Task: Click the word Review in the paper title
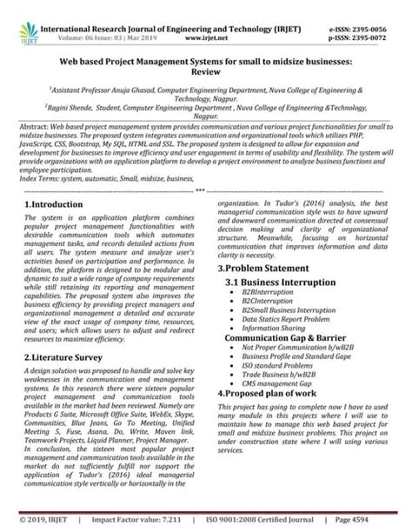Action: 205,74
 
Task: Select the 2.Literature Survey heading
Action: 64,356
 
